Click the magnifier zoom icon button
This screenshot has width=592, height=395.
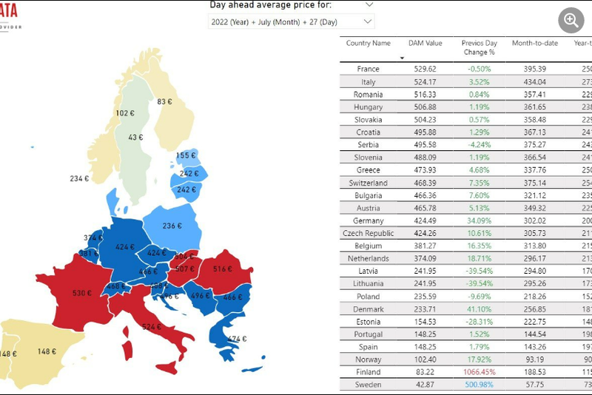(x=571, y=20)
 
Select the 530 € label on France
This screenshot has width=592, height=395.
(x=81, y=294)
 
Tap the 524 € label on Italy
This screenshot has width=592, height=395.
(x=152, y=326)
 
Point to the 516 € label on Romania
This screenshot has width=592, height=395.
(x=223, y=269)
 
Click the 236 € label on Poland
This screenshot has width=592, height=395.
(x=172, y=226)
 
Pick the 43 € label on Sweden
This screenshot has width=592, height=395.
(x=135, y=138)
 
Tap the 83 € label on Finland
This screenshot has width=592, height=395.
(x=164, y=101)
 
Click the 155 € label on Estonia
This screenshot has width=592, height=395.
(x=186, y=156)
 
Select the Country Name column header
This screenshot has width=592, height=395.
(x=368, y=44)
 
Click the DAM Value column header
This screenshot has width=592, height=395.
(x=425, y=44)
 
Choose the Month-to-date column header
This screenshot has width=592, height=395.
(x=534, y=44)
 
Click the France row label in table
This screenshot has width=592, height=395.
(x=368, y=69)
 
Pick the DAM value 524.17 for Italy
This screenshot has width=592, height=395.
(x=425, y=81)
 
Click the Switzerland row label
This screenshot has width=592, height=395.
(x=368, y=183)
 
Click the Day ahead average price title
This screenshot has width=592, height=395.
(x=270, y=5)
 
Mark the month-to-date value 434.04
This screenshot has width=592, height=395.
(x=534, y=81)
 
